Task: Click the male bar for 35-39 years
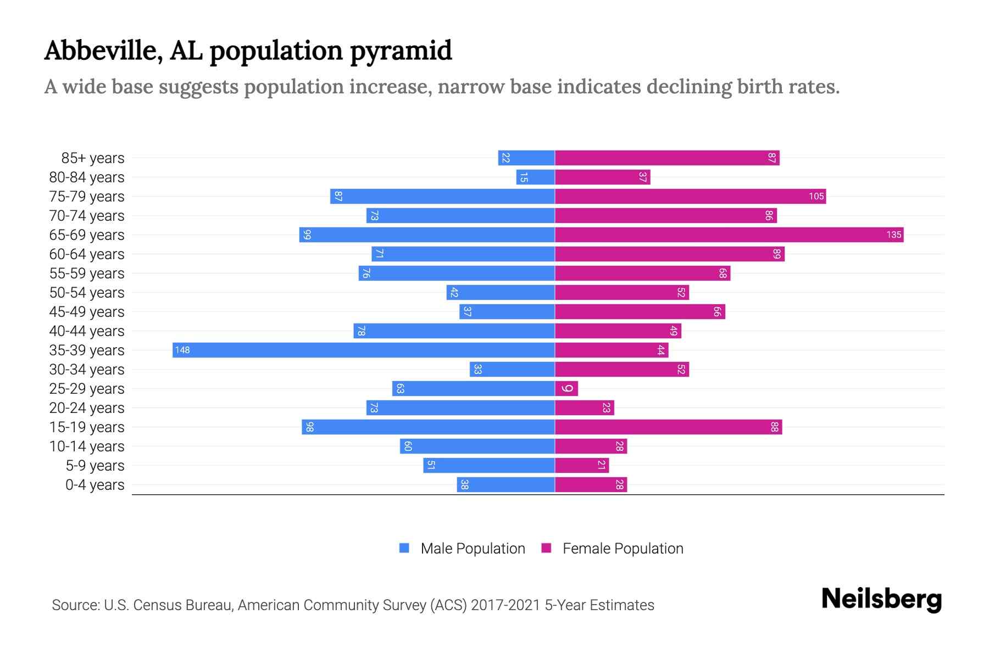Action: point(363,350)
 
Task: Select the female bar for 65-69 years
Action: point(729,234)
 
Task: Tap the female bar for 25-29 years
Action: point(566,388)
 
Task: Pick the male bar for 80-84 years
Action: point(536,177)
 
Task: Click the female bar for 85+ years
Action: point(666,158)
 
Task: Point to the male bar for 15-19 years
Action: point(428,427)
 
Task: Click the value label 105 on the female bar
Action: point(816,196)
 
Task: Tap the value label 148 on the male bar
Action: point(182,350)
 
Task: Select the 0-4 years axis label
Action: point(95,485)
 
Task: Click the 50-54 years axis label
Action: point(87,293)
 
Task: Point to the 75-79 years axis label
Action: point(87,197)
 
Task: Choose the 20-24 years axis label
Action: point(87,408)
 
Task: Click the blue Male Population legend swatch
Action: point(404,548)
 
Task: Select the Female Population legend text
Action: point(623,548)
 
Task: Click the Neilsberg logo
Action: point(881,599)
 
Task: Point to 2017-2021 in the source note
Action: point(505,605)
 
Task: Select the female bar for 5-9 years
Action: point(581,465)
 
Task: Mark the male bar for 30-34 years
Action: point(512,369)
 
